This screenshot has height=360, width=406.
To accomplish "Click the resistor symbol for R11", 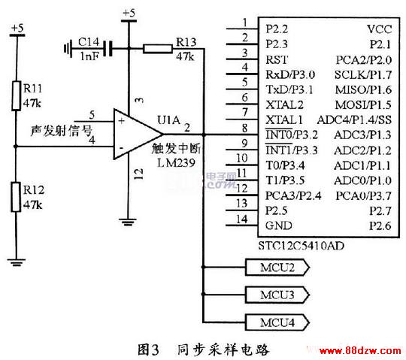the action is [17, 95].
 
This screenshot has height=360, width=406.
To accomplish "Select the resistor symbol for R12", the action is [16, 197].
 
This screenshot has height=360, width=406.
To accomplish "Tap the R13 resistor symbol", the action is [157, 49].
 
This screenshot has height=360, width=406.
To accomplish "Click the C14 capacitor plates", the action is [108, 48].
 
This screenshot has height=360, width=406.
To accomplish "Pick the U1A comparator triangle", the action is [138, 134].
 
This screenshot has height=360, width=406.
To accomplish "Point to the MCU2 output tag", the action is [277, 267].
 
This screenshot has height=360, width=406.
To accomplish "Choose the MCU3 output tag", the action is [277, 295].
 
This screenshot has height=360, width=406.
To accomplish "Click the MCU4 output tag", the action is [277, 322].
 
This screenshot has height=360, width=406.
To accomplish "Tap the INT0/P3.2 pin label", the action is [292, 135].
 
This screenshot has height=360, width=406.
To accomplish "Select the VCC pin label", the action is [380, 29].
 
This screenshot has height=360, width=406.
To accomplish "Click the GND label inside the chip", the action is [279, 225].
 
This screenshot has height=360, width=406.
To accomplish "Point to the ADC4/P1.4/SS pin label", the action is [354, 119].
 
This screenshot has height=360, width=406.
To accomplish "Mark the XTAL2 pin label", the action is [284, 104].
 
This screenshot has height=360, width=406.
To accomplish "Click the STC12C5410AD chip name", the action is [301, 245].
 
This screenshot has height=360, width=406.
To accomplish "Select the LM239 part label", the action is [176, 163].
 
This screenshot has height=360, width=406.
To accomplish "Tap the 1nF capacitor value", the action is [89, 56].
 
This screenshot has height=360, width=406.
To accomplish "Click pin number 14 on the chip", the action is [242, 219].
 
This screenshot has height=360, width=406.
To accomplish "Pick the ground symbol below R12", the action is [17, 262].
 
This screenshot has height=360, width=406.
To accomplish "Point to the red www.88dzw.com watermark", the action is [360, 351].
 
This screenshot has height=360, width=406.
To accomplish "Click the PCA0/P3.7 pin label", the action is [363, 196].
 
